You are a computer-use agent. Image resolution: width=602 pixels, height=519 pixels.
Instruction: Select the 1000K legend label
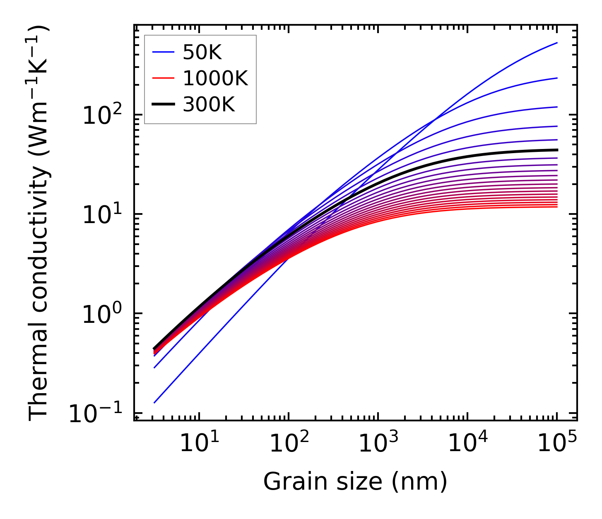click(x=215, y=78)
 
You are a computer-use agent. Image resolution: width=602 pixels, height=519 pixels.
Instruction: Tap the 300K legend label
click(x=209, y=105)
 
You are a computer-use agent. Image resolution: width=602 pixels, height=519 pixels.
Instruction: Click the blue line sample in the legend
click(x=164, y=52)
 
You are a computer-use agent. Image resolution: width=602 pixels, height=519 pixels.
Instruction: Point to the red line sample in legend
click(x=164, y=78)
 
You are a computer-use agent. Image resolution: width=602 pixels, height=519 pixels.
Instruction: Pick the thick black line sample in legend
click(x=164, y=105)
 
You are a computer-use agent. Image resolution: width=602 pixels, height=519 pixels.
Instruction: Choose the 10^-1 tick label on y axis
click(x=96, y=413)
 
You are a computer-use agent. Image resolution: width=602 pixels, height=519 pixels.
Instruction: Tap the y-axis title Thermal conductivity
click(x=40, y=223)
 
